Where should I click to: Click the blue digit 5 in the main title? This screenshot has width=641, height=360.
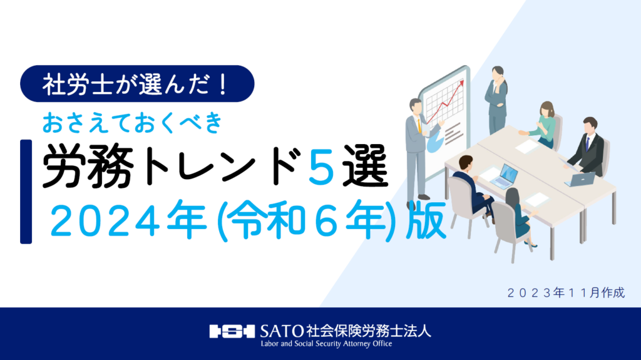(x=322, y=166)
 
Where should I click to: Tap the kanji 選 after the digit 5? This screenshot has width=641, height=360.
(x=365, y=166)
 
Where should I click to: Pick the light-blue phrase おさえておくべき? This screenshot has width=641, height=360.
(x=133, y=122)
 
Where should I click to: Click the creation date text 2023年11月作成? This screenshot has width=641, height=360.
(x=566, y=292)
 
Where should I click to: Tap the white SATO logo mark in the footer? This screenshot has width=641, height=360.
(x=232, y=331)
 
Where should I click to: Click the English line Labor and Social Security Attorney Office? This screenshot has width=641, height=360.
(x=326, y=344)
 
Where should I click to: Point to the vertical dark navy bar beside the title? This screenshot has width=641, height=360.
(x=26, y=192)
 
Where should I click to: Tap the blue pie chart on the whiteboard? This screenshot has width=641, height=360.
(x=434, y=143)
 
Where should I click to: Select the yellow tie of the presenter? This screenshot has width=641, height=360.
(x=419, y=126)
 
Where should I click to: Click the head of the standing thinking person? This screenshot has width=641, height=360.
(x=498, y=73)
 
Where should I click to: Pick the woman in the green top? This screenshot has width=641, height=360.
(x=543, y=125)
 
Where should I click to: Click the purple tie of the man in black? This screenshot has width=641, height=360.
(x=588, y=143)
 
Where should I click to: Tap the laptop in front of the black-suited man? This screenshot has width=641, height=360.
(x=580, y=179)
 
